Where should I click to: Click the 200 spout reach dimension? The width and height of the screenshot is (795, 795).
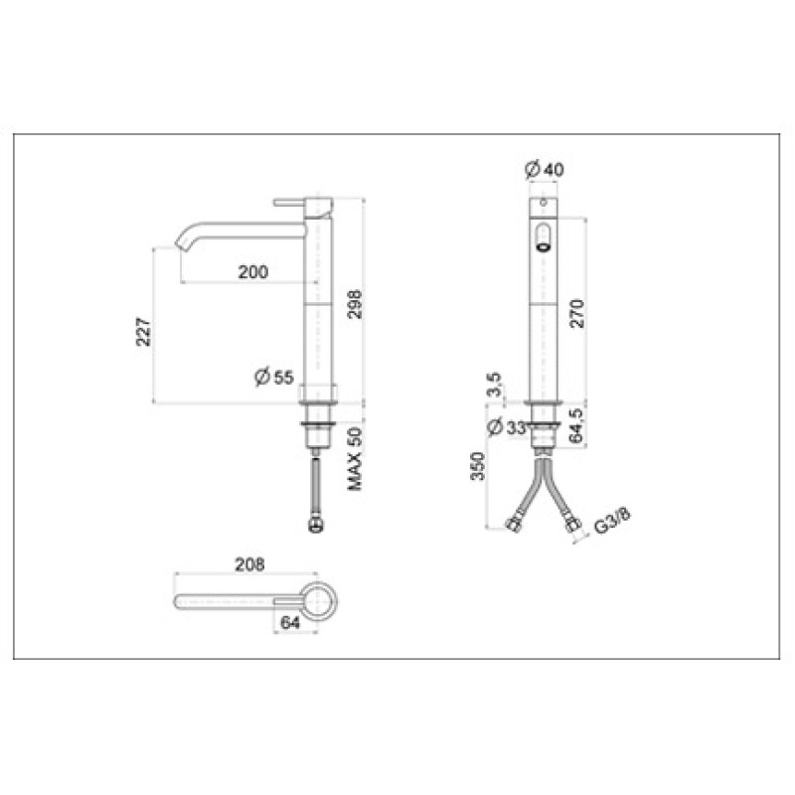point(253,272)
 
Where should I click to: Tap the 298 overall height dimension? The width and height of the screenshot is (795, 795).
point(355,304)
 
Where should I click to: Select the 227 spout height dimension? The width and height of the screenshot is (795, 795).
point(143,332)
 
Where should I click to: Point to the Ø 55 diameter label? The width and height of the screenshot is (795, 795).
point(274,378)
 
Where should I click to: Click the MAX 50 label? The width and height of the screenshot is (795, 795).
point(355,459)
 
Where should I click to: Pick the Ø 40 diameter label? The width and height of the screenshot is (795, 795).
point(544,169)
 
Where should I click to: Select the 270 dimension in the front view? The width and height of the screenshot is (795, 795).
point(577,314)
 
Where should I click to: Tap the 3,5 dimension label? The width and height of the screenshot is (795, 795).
point(495,385)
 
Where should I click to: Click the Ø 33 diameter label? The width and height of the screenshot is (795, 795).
point(507,427)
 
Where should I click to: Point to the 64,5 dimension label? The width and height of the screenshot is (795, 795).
point(576,425)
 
